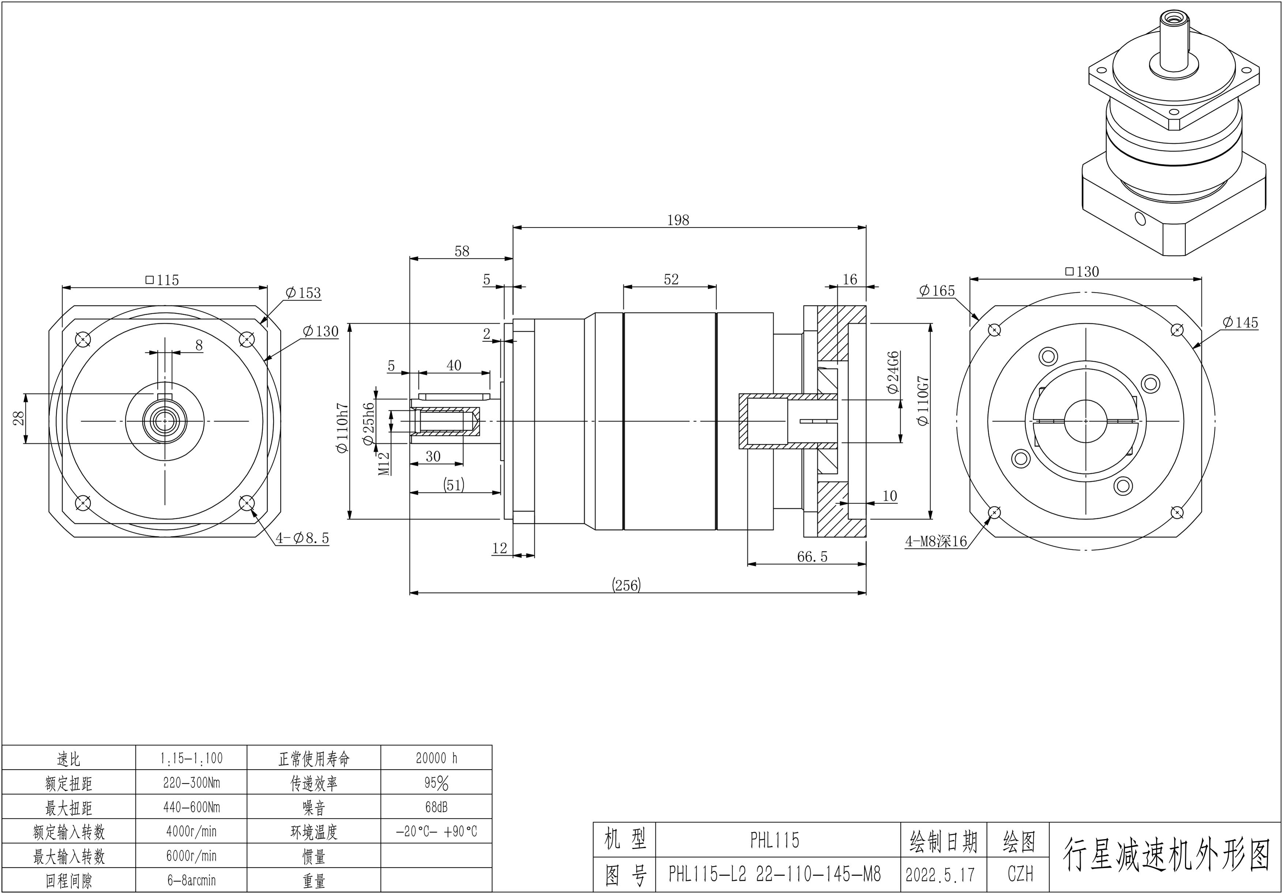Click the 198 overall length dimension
(x=678, y=220)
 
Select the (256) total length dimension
(x=627, y=585)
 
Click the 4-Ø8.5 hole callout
(x=302, y=538)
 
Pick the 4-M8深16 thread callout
(x=936, y=541)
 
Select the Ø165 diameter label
(x=937, y=291)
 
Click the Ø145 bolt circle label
(x=1240, y=322)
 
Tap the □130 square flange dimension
(x=1082, y=272)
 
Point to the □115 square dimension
(x=162, y=280)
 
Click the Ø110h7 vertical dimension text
(x=343, y=429)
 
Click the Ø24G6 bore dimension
(x=893, y=373)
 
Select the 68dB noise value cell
(x=436, y=807)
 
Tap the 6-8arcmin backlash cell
(x=191, y=880)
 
